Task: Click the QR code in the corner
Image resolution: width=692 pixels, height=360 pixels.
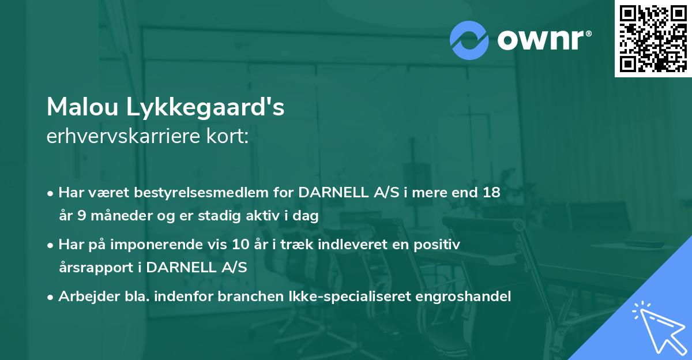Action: pos(653,38)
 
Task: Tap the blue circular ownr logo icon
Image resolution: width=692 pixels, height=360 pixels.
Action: pos(469,40)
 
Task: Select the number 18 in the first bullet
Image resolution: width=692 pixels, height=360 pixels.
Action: pos(491,193)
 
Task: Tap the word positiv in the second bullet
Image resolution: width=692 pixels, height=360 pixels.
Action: pos(441,245)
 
